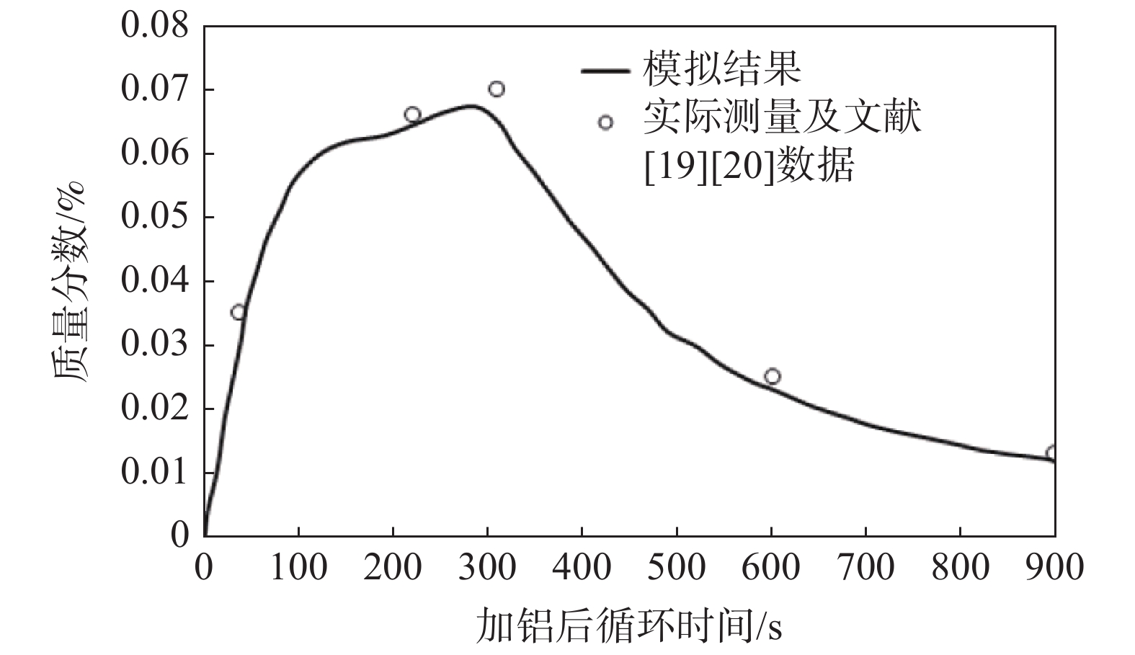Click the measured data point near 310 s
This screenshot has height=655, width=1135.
[497, 89]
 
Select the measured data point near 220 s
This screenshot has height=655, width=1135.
[412, 115]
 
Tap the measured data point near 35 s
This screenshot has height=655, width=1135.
[239, 312]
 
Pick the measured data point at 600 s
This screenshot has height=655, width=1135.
[773, 376]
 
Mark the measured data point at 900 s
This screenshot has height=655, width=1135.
[1051, 453]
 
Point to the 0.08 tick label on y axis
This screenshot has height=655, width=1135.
[154, 27]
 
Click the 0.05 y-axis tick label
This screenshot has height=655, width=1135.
[154, 217]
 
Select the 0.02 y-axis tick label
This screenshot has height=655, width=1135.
[154, 409]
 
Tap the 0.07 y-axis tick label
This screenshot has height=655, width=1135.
[154, 90]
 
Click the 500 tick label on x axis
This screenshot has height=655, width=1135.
[676, 568]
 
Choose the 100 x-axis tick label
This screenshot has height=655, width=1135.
[298, 568]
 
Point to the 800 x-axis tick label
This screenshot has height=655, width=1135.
[960, 568]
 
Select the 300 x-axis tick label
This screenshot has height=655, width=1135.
[487, 568]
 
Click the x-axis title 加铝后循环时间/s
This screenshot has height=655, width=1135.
[628, 625]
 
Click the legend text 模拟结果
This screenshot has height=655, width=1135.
[722, 69]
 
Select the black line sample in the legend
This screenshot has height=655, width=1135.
[605, 70]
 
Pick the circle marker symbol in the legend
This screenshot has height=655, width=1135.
[605, 122]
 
